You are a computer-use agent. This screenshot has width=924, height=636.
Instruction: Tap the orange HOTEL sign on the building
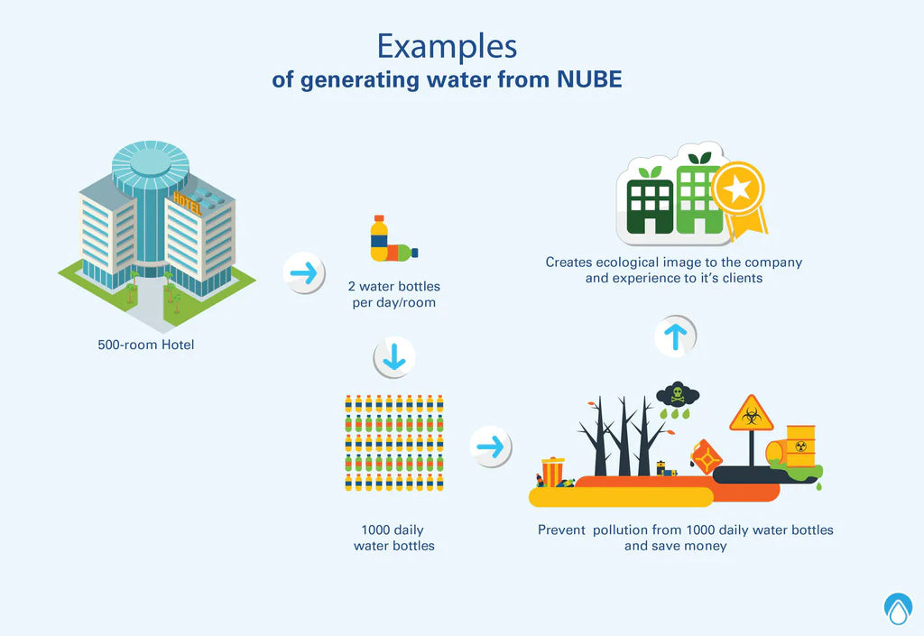[x=188, y=200]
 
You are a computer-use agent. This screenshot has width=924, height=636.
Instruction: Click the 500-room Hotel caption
[x=146, y=345]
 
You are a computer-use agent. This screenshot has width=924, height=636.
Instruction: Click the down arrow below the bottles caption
[x=394, y=359]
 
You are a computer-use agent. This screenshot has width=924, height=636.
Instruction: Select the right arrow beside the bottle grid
[x=491, y=447]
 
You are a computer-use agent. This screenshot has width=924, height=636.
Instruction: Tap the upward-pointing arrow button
[x=675, y=336]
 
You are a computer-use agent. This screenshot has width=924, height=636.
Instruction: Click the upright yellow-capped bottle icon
[x=379, y=238]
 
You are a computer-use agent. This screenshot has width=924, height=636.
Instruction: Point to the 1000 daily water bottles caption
[x=393, y=538]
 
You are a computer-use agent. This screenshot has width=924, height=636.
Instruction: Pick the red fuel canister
[x=706, y=456]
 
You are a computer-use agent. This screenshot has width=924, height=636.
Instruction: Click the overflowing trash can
[x=552, y=471]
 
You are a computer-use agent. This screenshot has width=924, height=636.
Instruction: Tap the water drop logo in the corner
[x=898, y=607]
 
